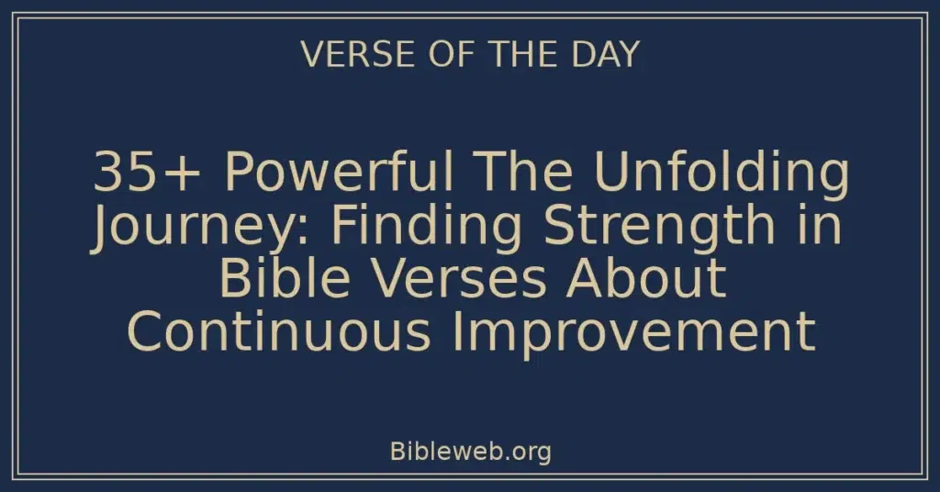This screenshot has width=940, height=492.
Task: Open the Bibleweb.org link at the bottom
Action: pyautogui.click(x=470, y=453)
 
